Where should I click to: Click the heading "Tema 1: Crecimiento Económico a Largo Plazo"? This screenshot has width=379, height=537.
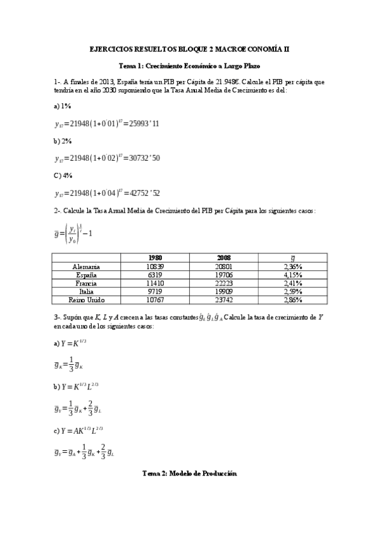click(190, 65)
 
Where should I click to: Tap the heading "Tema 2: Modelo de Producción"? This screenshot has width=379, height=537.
click(189, 473)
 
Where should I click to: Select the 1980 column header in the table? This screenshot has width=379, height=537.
click(155, 258)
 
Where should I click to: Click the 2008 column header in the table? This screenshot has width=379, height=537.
click(224, 258)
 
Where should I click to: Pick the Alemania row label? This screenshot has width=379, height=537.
click(86, 267)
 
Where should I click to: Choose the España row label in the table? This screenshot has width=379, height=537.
click(86, 275)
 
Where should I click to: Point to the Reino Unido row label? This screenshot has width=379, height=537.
click(86, 300)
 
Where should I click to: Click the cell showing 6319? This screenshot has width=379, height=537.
click(155, 275)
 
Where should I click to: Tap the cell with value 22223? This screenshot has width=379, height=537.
click(224, 284)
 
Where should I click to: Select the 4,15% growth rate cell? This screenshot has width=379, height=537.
click(292, 275)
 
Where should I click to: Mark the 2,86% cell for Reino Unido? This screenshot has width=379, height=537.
click(292, 300)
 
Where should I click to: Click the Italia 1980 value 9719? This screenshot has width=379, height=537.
click(155, 292)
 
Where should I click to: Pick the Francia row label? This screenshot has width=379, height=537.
click(86, 284)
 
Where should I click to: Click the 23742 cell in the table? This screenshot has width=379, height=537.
click(224, 300)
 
